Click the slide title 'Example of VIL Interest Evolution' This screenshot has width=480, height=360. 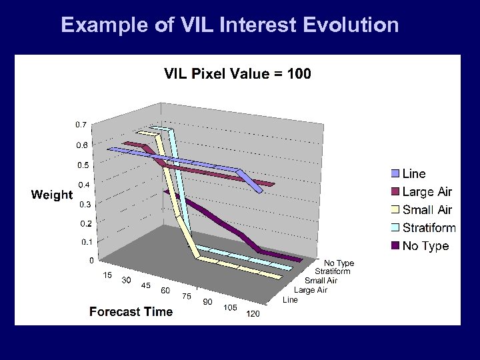tap(229, 25)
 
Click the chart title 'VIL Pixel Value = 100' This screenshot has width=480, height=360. tap(237, 73)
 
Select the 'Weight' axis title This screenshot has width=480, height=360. tap(51, 195)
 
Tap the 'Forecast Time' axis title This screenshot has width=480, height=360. tap(131, 311)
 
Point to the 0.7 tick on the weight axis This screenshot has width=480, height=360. tap(80, 125)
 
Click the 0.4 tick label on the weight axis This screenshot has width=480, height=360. tap(85, 185)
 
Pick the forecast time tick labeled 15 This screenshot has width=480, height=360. tap(107, 275)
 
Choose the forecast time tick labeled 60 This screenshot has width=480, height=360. tap(165, 291)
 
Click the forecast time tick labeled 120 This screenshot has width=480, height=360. tap(253, 314)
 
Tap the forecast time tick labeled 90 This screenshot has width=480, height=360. tap(208, 302)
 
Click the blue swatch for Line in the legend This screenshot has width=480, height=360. tap(395, 174)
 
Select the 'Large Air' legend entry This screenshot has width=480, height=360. tap(427, 192)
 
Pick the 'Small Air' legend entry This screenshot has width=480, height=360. tap(427, 210)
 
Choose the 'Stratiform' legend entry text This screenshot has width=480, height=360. tap(429, 228)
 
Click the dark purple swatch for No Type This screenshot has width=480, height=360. tap(395, 246)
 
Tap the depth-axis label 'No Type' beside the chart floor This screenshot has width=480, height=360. tap(339, 263)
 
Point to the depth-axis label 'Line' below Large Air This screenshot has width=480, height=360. tap(290, 300)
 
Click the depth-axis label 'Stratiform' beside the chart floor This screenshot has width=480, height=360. tap(332, 271)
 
